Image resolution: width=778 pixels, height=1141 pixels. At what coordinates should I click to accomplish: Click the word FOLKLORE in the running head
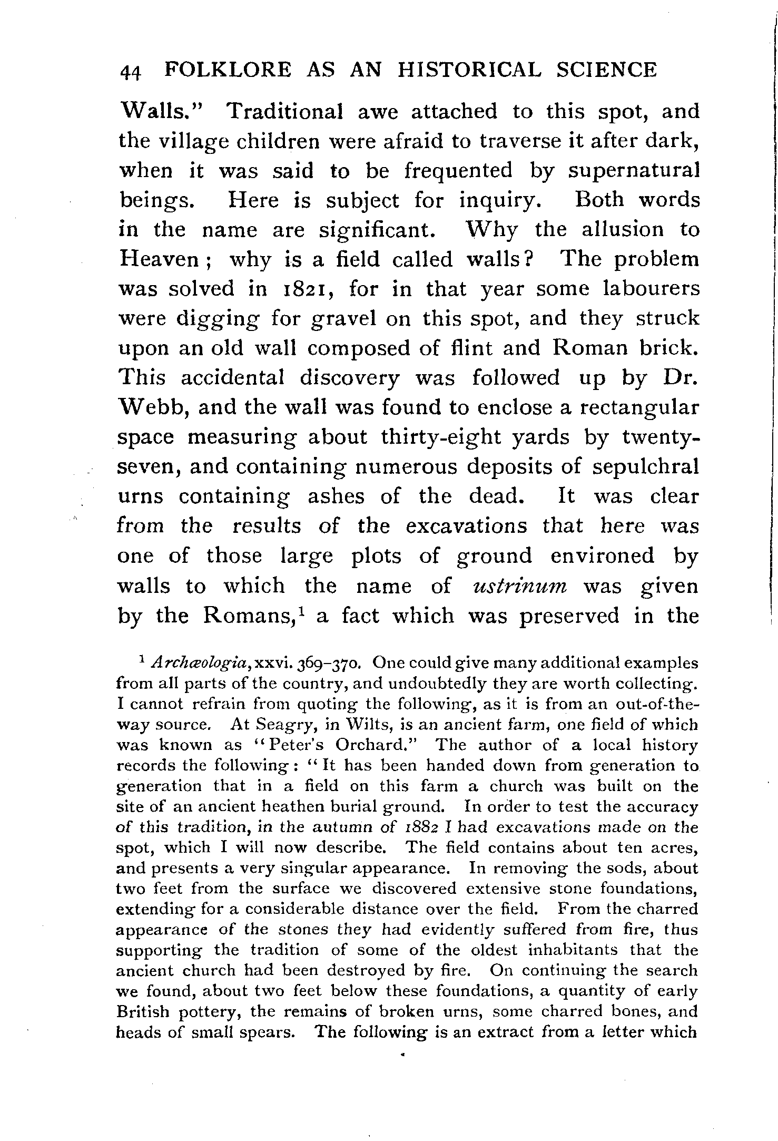[x=228, y=70]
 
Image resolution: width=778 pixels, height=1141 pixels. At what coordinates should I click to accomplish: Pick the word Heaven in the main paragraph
[x=164, y=259]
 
